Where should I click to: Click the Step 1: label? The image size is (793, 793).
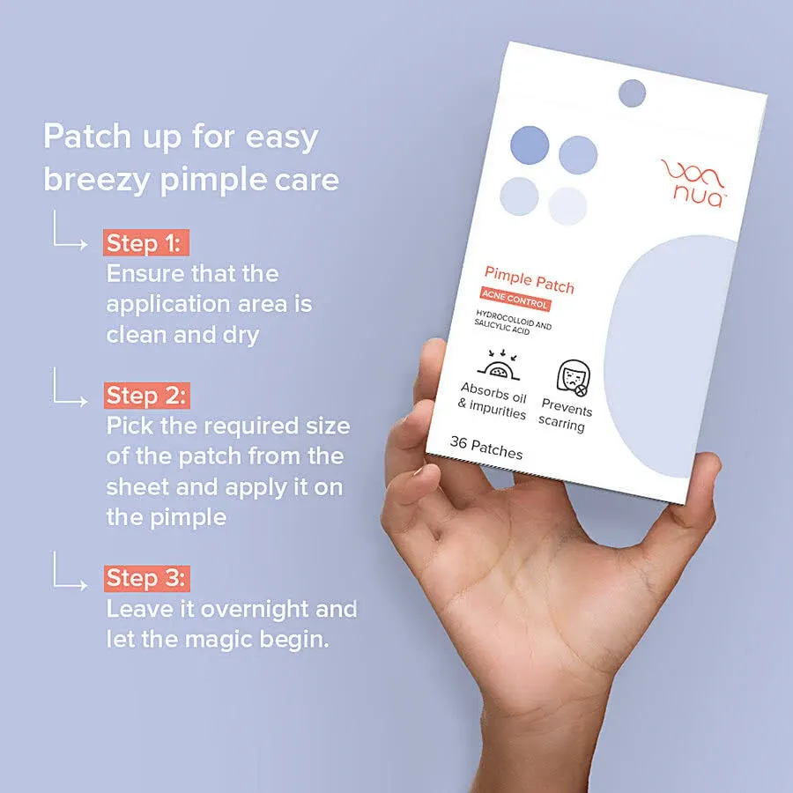click(x=146, y=243)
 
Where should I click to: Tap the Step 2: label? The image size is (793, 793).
click(x=146, y=396)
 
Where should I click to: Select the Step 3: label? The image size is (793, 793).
click(x=146, y=578)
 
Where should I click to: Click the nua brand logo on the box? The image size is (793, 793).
click(x=693, y=182)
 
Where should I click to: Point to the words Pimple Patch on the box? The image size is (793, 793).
click(x=529, y=281)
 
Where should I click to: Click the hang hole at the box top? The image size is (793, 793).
click(x=632, y=93)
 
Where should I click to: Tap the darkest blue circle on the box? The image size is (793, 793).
click(x=530, y=145)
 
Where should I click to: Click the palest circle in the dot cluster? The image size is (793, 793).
click(x=567, y=206)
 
